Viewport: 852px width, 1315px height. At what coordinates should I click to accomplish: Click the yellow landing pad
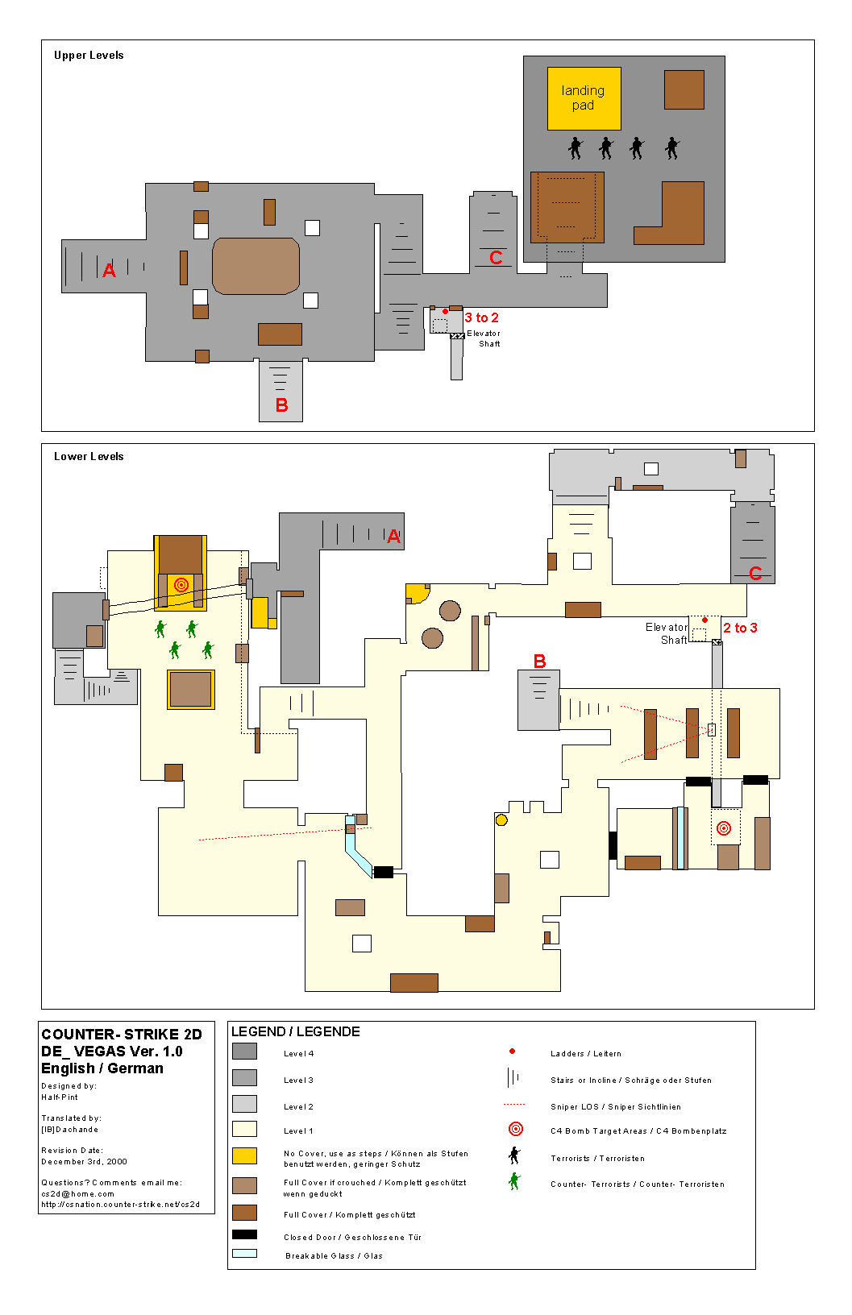point(584,98)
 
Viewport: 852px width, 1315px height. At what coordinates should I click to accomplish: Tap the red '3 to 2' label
point(481,317)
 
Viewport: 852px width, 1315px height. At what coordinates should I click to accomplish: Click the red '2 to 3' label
point(741,628)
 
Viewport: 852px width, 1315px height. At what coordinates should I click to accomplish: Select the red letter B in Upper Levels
point(282,405)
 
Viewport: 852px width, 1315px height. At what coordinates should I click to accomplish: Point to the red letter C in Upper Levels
point(496,257)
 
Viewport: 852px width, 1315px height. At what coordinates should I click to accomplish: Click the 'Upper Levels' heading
point(89,55)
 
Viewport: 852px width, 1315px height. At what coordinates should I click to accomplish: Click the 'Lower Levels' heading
point(89,456)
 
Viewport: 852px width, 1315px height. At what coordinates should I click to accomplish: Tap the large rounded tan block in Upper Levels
point(256,266)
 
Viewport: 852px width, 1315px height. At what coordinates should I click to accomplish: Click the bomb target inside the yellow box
point(181,585)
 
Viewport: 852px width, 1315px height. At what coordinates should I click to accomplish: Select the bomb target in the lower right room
point(724,828)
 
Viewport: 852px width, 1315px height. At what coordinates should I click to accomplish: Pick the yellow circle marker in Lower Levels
point(501,820)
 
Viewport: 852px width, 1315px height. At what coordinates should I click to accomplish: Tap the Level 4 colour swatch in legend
point(244,1051)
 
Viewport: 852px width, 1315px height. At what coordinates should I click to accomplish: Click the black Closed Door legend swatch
point(244,1234)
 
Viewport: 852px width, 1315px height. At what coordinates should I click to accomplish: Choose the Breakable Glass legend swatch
point(244,1254)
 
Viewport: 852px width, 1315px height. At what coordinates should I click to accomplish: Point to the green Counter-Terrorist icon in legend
point(514,1181)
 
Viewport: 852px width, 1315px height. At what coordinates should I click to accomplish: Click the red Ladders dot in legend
point(512,1051)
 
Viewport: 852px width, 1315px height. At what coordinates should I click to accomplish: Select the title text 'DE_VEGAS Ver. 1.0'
point(111,1052)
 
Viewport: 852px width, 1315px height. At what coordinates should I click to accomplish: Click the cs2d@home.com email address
point(77,1193)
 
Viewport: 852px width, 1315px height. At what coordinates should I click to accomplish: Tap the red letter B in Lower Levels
point(539,661)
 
